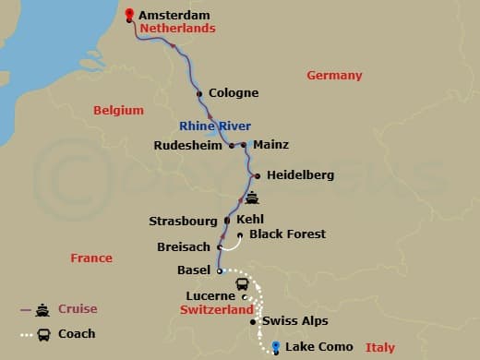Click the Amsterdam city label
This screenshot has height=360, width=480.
[x=174, y=15]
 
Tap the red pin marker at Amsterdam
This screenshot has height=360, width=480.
[x=129, y=14]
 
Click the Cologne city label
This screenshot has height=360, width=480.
[x=234, y=93]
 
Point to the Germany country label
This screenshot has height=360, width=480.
[x=334, y=76]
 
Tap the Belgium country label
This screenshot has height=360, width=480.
[x=118, y=111]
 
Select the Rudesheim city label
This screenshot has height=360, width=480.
[x=193, y=145]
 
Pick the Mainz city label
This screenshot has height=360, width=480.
[x=270, y=145]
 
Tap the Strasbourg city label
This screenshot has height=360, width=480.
[x=183, y=222]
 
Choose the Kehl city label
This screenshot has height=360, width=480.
[x=251, y=222]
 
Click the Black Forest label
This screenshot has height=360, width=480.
[x=287, y=234]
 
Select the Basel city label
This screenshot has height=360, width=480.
[x=194, y=271]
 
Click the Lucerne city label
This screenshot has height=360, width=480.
[x=210, y=296]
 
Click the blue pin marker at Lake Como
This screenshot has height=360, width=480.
[x=275, y=346]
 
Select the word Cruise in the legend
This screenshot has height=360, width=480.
[x=78, y=309]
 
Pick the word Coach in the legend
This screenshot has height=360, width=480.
[x=77, y=333]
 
